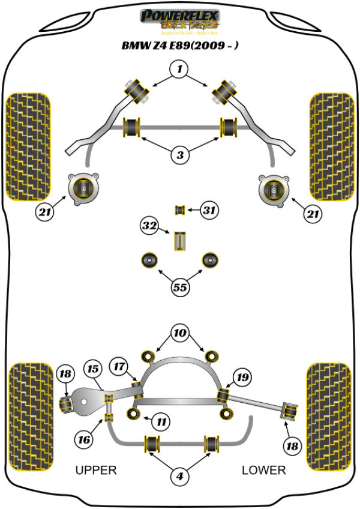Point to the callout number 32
coord(149,226)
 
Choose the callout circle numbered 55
coord(179,288)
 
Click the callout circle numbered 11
coord(161,422)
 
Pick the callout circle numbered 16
coord(85,440)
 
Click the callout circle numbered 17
coord(119,365)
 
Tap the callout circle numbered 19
coord(242,378)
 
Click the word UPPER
coord(96,470)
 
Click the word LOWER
coord(264,470)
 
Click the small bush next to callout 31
coord(178,209)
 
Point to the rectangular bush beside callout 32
coord(181,240)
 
